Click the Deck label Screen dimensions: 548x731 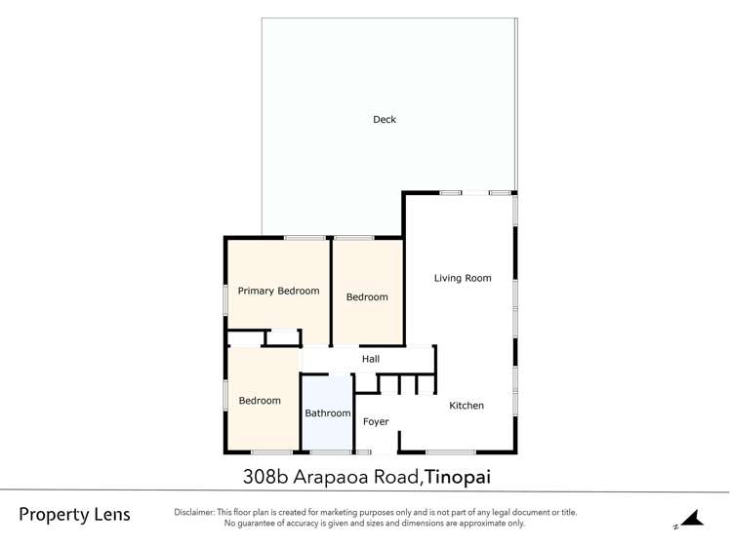coord(385,120)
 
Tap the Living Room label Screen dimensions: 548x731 coord(463,278)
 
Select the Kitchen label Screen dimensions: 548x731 coord(466,406)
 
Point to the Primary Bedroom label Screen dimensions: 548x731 coord(278,291)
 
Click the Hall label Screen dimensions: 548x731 coord(371,360)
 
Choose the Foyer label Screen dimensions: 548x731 coord(376,422)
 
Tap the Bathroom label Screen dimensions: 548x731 coord(327,413)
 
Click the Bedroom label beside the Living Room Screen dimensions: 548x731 coord(367,297)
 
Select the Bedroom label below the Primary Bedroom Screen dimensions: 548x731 coord(260,401)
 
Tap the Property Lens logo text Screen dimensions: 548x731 coord(74,515)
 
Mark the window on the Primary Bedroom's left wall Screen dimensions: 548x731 coord(225,298)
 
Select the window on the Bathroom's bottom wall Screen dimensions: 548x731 coord(331,452)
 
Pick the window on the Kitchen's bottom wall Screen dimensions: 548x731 coord(450,452)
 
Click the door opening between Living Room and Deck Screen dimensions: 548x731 coord(475,193)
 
